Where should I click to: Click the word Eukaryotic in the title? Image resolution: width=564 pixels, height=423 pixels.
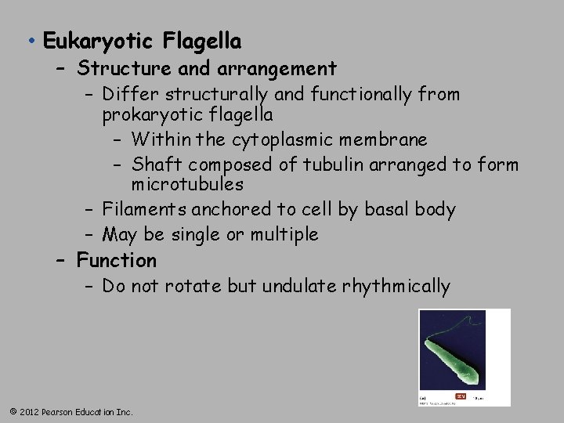point(96,41)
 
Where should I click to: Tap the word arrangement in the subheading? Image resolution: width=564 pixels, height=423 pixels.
point(266,69)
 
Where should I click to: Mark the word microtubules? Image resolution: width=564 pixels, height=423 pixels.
point(187,185)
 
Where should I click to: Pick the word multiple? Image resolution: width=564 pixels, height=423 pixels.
point(284,234)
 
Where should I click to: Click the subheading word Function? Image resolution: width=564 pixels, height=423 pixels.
point(117,260)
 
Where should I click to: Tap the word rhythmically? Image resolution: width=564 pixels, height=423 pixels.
point(396,287)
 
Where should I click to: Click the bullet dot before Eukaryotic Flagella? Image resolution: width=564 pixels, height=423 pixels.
point(28,41)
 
